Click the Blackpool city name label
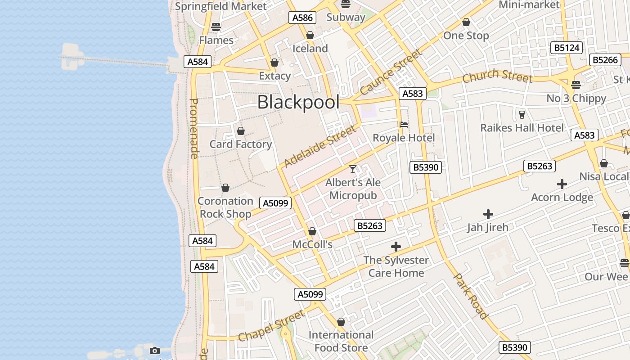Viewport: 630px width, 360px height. point(298,103)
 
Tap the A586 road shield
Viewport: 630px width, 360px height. point(302,18)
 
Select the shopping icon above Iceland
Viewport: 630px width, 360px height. point(310,35)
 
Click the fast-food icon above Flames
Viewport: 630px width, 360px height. point(216,27)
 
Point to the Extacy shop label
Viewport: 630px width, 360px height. point(274,76)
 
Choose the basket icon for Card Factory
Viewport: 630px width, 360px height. point(241,131)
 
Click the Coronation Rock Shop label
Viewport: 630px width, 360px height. point(225,207)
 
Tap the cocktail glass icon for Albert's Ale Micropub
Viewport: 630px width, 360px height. point(353,169)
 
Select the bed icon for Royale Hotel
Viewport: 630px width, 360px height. point(404,125)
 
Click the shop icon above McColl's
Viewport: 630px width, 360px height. point(312,231)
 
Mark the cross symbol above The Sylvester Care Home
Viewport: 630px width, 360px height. point(396,247)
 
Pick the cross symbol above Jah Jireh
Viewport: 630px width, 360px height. point(488,214)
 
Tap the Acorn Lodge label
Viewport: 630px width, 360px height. point(562,198)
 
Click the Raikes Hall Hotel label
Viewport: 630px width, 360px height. point(522,128)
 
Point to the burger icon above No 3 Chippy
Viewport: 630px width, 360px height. point(576,85)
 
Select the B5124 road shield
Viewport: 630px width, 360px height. point(567,48)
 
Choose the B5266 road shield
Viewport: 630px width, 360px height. point(605,60)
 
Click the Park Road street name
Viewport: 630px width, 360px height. point(471,296)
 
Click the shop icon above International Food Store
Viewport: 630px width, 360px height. point(341,322)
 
